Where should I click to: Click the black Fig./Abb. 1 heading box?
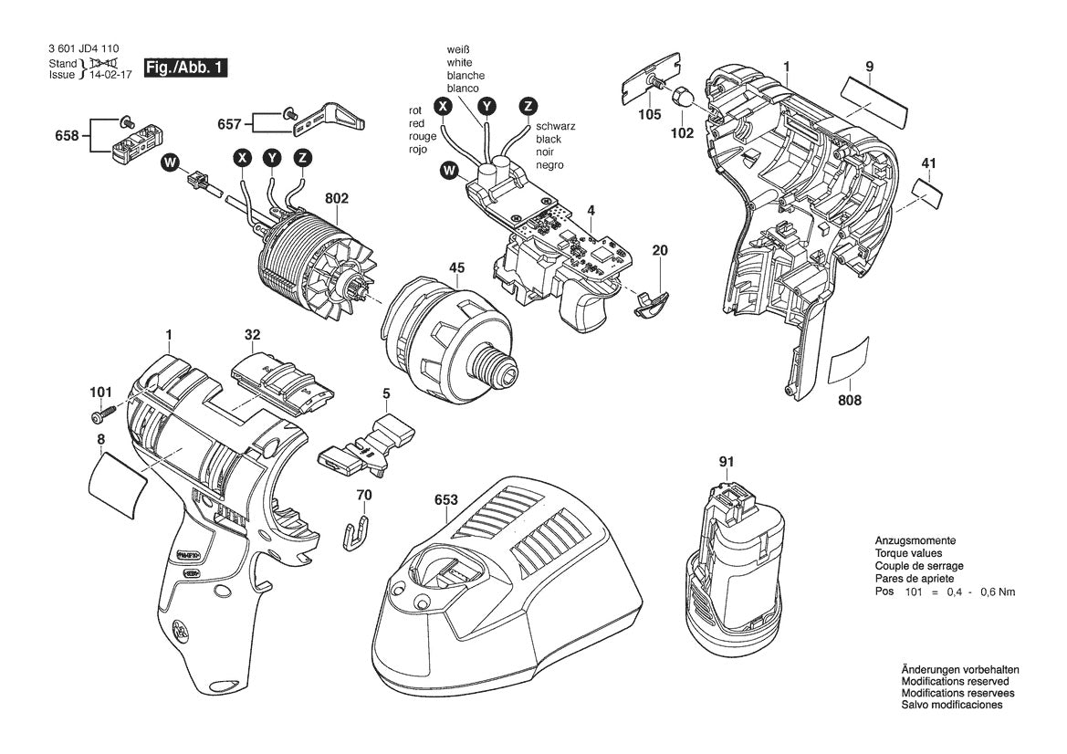[184, 68]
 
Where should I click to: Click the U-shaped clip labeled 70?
[360, 531]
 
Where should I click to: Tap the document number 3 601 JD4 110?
[80, 50]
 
